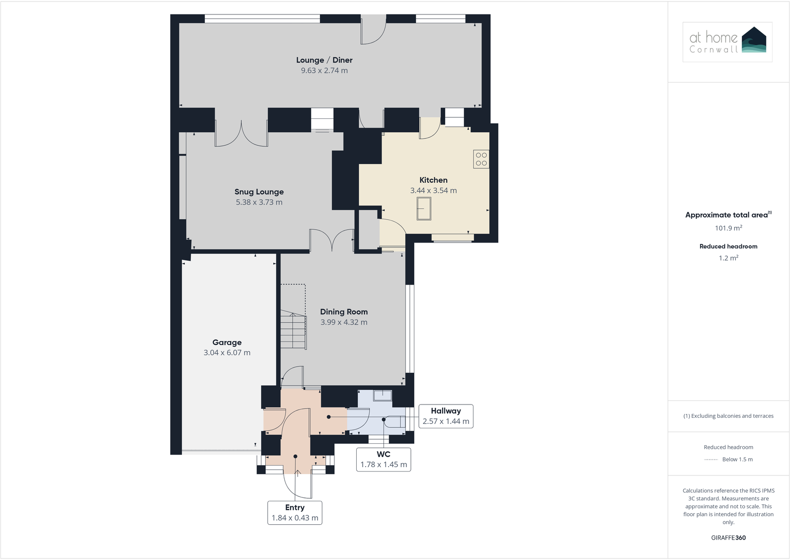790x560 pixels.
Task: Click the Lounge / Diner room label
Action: pyautogui.click(x=324, y=60)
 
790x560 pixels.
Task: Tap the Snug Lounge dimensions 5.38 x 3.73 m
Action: pyautogui.click(x=259, y=202)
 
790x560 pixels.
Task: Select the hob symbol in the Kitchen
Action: pyautogui.click(x=481, y=159)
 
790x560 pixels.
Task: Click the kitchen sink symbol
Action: pyautogui.click(x=424, y=208)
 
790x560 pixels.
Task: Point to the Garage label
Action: pyautogui.click(x=227, y=342)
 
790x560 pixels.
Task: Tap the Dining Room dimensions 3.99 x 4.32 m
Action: pyautogui.click(x=344, y=322)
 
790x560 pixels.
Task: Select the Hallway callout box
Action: pyautogui.click(x=446, y=416)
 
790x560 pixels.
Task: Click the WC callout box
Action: pyautogui.click(x=384, y=460)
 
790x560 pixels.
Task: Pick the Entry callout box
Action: pyautogui.click(x=295, y=513)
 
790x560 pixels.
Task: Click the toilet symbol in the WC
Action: pyautogui.click(x=395, y=421)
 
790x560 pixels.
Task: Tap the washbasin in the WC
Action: pyautogui.click(x=383, y=396)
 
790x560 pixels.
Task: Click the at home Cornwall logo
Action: pyautogui.click(x=727, y=42)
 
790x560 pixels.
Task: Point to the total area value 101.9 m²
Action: pyautogui.click(x=728, y=228)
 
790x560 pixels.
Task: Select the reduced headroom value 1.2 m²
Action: pyautogui.click(x=728, y=258)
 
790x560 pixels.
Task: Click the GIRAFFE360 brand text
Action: pyautogui.click(x=728, y=538)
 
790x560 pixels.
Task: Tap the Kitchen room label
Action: pyautogui.click(x=433, y=180)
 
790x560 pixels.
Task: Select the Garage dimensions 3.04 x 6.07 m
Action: pyautogui.click(x=227, y=353)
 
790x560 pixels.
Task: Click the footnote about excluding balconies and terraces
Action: pyautogui.click(x=728, y=416)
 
